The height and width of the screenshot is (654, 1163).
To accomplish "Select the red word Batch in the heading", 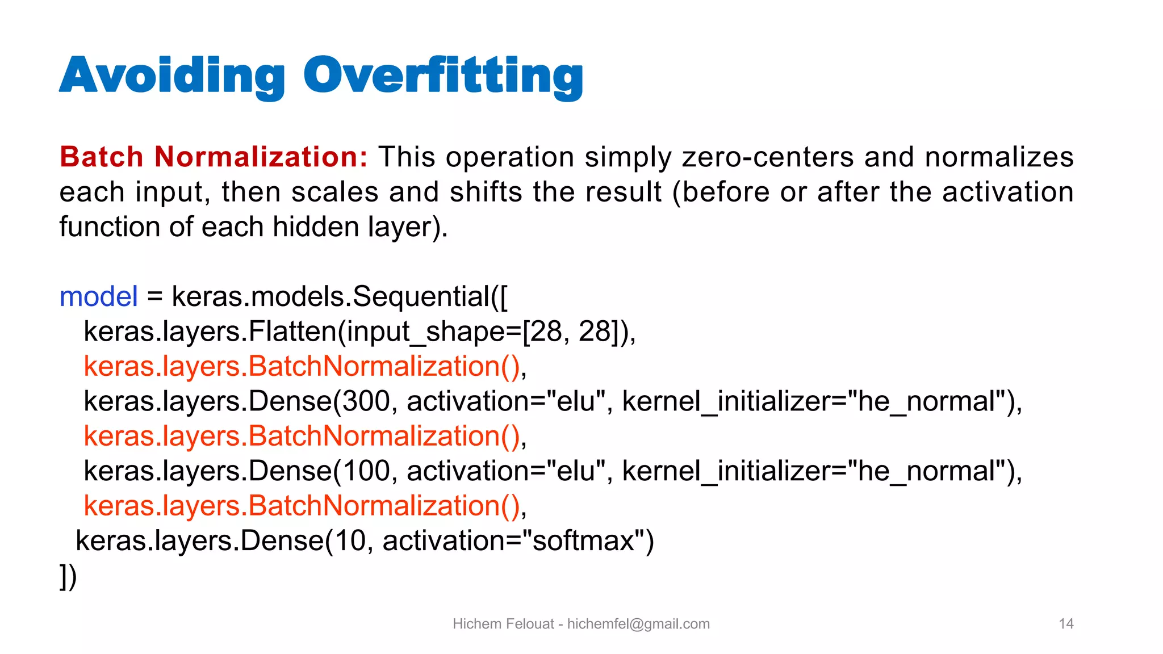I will tap(101, 157).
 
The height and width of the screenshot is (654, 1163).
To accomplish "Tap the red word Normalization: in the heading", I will tap(261, 157).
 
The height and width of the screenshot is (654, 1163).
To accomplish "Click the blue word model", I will tap(98, 297).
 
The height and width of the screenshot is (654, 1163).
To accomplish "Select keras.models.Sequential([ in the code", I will tap(340, 297).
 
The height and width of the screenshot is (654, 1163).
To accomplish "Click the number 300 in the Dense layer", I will tap(366, 401).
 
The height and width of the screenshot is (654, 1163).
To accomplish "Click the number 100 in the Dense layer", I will tap(366, 471).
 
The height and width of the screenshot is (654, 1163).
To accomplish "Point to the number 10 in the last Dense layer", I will tap(350, 540).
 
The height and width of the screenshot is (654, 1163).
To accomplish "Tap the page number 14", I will tap(1066, 624).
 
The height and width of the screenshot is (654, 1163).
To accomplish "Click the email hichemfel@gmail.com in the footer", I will tap(638, 624).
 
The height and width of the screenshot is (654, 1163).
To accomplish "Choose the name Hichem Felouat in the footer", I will tap(503, 624).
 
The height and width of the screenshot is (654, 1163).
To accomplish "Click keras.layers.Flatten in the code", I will tap(210, 332).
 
